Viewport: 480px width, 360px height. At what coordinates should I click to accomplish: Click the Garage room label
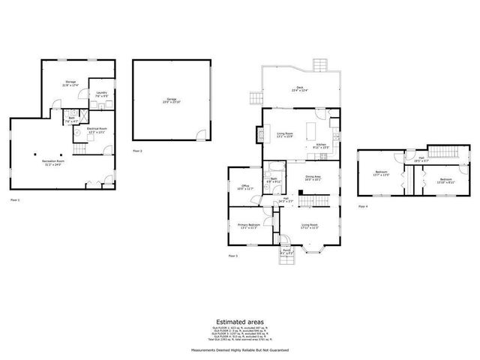[x=170, y=100]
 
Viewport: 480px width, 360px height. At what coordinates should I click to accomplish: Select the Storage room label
[x=70, y=82]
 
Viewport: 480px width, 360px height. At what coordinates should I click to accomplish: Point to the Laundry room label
[x=100, y=94]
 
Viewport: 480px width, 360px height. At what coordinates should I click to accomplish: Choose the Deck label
[x=299, y=88]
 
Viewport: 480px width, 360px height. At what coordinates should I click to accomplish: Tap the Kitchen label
[x=320, y=145]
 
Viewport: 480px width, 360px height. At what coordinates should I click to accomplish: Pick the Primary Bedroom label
[x=249, y=226]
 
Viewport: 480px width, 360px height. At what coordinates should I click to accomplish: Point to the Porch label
[x=286, y=253]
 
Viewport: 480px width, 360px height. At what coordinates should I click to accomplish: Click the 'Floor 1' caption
[x=15, y=200]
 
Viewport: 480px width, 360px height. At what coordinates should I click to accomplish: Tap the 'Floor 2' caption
[x=137, y=151]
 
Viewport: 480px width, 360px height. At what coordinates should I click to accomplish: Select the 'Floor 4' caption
[x=363, y=205]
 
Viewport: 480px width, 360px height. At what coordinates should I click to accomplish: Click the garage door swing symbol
[x=199, y=135]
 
